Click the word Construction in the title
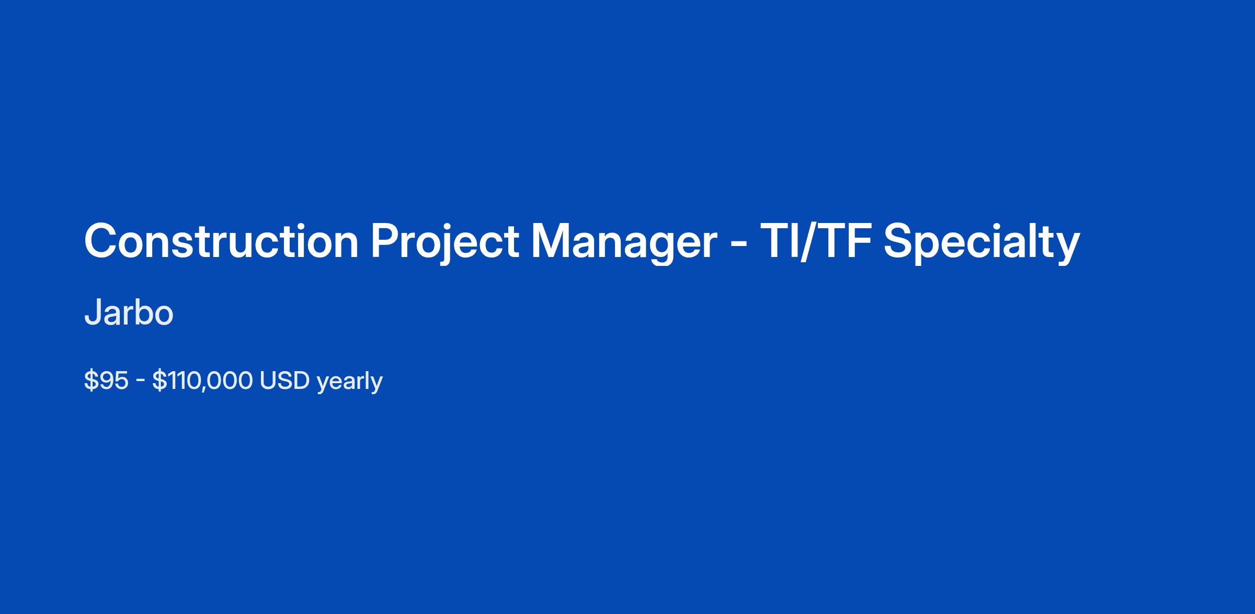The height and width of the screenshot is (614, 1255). pyautogui.click(x=221, y=241)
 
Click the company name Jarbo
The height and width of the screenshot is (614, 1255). pyautogui.click(x=129, y=313)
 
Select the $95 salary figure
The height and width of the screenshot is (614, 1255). pyautogui.click(x=106, y=381)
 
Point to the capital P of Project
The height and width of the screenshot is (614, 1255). pyautogui.click(x=384, y=241)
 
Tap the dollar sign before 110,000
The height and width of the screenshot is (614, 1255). pyautogui.click(x=159, y=381)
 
